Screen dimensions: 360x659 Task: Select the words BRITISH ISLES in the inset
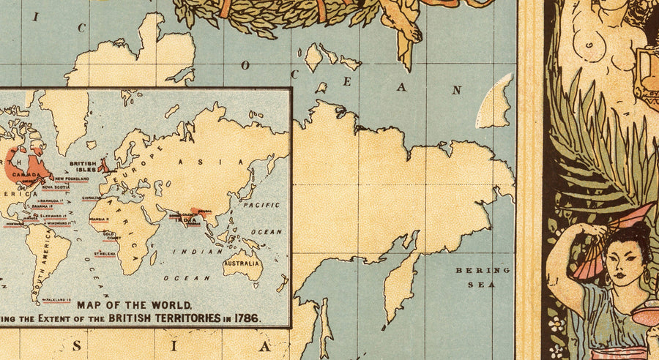pos(83,168)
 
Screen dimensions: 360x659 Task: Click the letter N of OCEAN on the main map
pos(457,91)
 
